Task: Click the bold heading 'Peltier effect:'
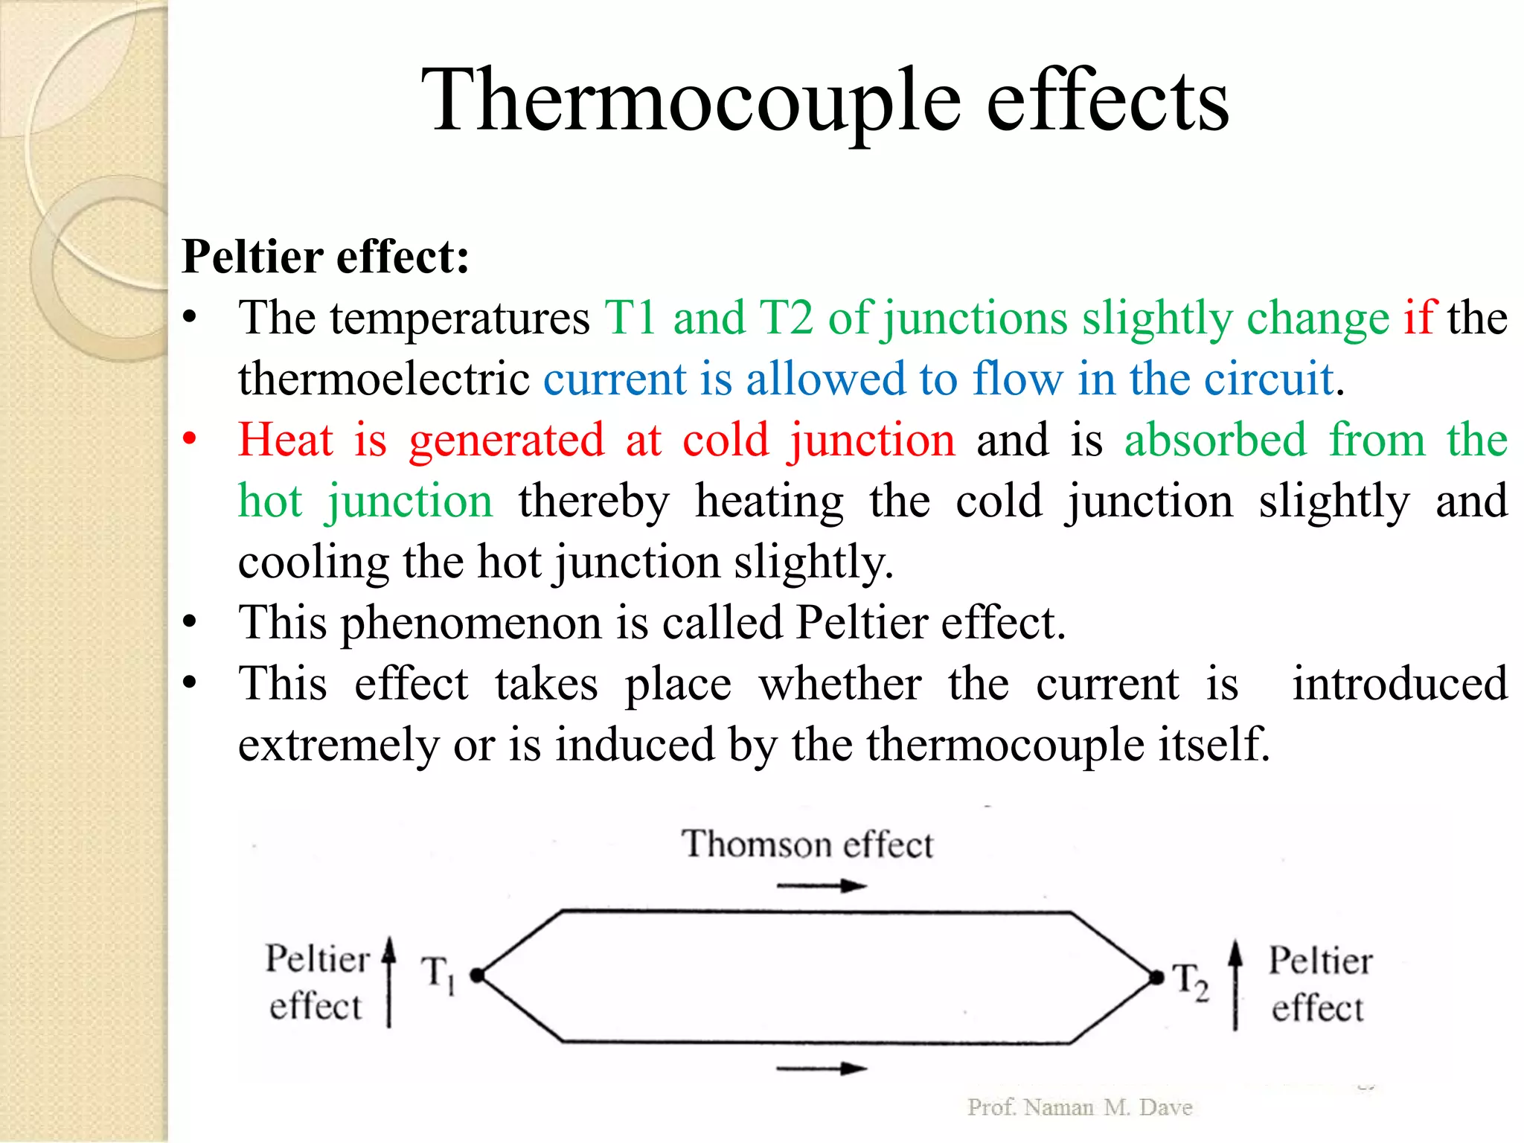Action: click(x=325, y=257)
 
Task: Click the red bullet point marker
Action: click(x=190, y=438)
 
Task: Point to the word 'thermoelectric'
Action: click(x=384, y=379)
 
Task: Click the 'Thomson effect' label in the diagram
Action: click(x=807, y=845)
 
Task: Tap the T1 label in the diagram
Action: click(x=438, y=973)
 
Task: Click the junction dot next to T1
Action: click(x=478, y=975)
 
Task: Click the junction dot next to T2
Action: click(x=1156, y=977)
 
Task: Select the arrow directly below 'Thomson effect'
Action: click(x=822, y=886)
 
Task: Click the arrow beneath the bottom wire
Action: click(x=822, y=1069)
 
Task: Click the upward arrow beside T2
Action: click(x=1235, y=984)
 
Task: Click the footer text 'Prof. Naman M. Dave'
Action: click(x=1080, y=1107)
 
